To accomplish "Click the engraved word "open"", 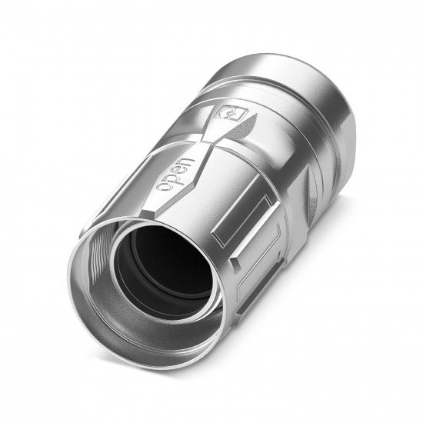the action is pos(175,175).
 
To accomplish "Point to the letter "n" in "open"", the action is pos(188,164).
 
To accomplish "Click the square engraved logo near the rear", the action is pos(231,113).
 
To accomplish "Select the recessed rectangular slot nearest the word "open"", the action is pos(244,220).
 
